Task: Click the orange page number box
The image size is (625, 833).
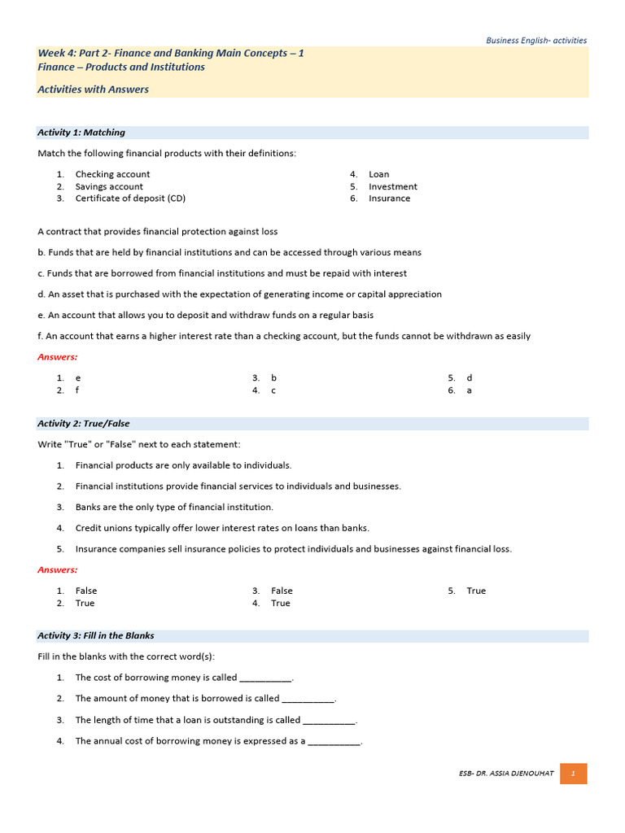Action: click(x=573, y=773)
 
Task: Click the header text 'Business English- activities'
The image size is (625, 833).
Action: click(x=536, y=40)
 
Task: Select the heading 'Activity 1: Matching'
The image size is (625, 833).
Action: click(x=81, y=133)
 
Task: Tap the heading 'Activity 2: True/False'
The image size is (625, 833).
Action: click(x=84, y=424)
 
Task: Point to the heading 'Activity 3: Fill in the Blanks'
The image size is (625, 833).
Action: click(x=96, y=635)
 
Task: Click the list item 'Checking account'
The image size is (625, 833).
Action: click(x=112, y=174)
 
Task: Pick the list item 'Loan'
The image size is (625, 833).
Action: click(x=378, y=174)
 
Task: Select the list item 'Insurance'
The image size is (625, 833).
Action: click(x=389, y=198)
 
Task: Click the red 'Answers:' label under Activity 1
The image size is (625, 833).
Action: click(x=58, y=357)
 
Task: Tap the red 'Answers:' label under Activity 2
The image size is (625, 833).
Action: click(x=58, y=570)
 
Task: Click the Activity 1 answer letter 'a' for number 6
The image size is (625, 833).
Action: click(x=470, y=390)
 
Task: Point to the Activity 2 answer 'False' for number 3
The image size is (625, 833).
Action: click(x=282, y=591)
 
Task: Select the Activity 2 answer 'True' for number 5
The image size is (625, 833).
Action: click(x=476, y=591)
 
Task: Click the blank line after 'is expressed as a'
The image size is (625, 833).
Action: click(x=334, y=742)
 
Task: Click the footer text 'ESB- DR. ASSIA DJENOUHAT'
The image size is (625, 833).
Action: click(x=506, y=773)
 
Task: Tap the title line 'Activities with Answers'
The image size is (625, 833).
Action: click(x=93, y=89)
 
